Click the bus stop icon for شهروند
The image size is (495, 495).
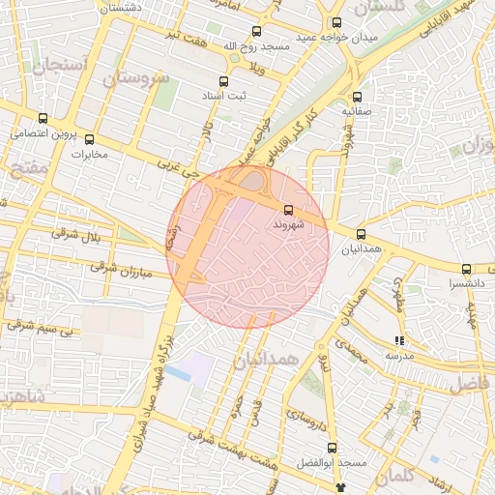288,209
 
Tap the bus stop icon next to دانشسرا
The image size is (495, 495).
466,269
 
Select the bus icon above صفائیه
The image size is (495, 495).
357,97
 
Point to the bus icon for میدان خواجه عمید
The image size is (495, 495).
335,23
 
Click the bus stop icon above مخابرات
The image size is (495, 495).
90,139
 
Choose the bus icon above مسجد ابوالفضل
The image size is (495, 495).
332,448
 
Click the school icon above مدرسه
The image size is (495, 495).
399,340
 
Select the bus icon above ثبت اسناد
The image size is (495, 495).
224,82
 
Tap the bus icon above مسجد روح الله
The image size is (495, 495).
255,31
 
